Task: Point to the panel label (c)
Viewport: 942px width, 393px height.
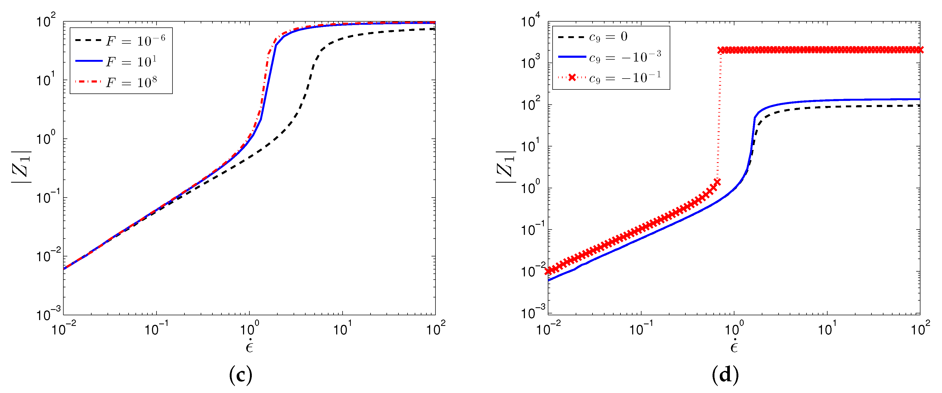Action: click(x=240, y=375)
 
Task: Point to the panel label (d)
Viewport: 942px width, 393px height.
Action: click(x=725, y=375)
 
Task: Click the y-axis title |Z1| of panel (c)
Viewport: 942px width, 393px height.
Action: click(x=22, y=167)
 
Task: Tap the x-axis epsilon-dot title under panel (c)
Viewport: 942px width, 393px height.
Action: click(x=249, y=346)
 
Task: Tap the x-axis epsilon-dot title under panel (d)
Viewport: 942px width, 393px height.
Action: click(x=734, y=346)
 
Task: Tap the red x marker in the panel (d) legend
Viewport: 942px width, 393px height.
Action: click(x=572, y=77)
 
